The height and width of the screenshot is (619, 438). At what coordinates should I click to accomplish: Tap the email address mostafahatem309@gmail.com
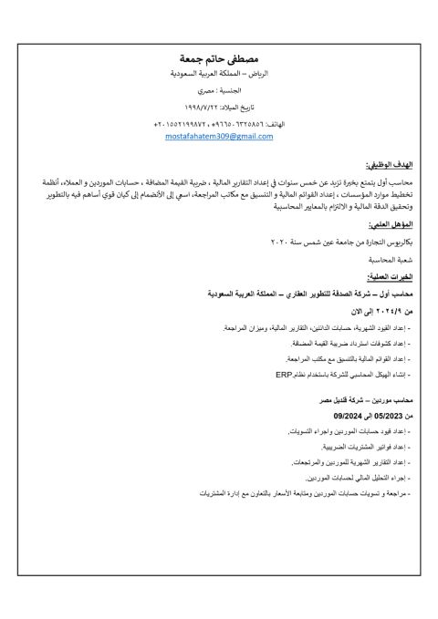click(219, 136)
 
